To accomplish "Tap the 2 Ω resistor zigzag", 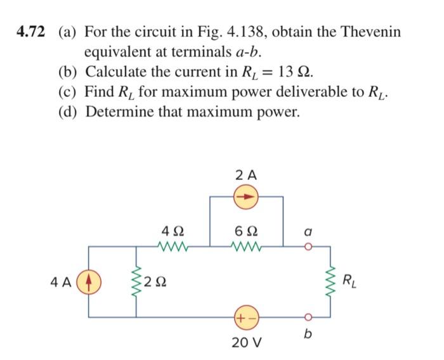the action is pyautogui.click(x=135, y=280).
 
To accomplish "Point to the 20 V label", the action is pyautogui.click(x=244, y=343).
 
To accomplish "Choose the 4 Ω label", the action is pyautogui.click(x=173, y=229).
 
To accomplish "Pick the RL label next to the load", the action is pyautogui.click(x=350, y=280).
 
